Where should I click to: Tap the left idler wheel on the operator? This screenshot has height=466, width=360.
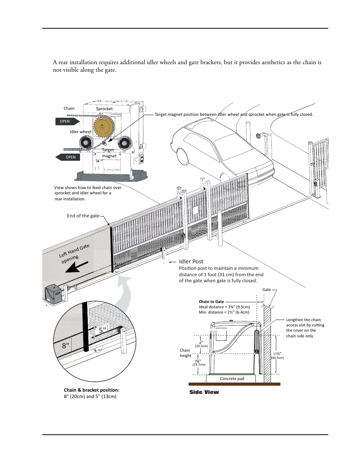tap(86, 143)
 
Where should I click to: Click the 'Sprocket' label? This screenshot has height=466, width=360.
tap(104, 109)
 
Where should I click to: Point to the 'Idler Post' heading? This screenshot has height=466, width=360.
tap(191, 261)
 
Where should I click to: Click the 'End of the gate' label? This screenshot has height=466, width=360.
tap(83, 216)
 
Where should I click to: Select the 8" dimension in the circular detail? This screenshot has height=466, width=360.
tap(66, 345)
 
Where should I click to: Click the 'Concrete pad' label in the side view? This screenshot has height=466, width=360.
tap(232, 378)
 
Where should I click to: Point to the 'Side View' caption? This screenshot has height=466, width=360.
tap(204, 392)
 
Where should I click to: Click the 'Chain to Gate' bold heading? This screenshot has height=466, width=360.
tap(211, 301)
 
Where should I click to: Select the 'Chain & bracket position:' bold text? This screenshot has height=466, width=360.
tap(94, 390)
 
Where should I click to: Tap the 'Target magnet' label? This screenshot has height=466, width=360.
tap(109, 153)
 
